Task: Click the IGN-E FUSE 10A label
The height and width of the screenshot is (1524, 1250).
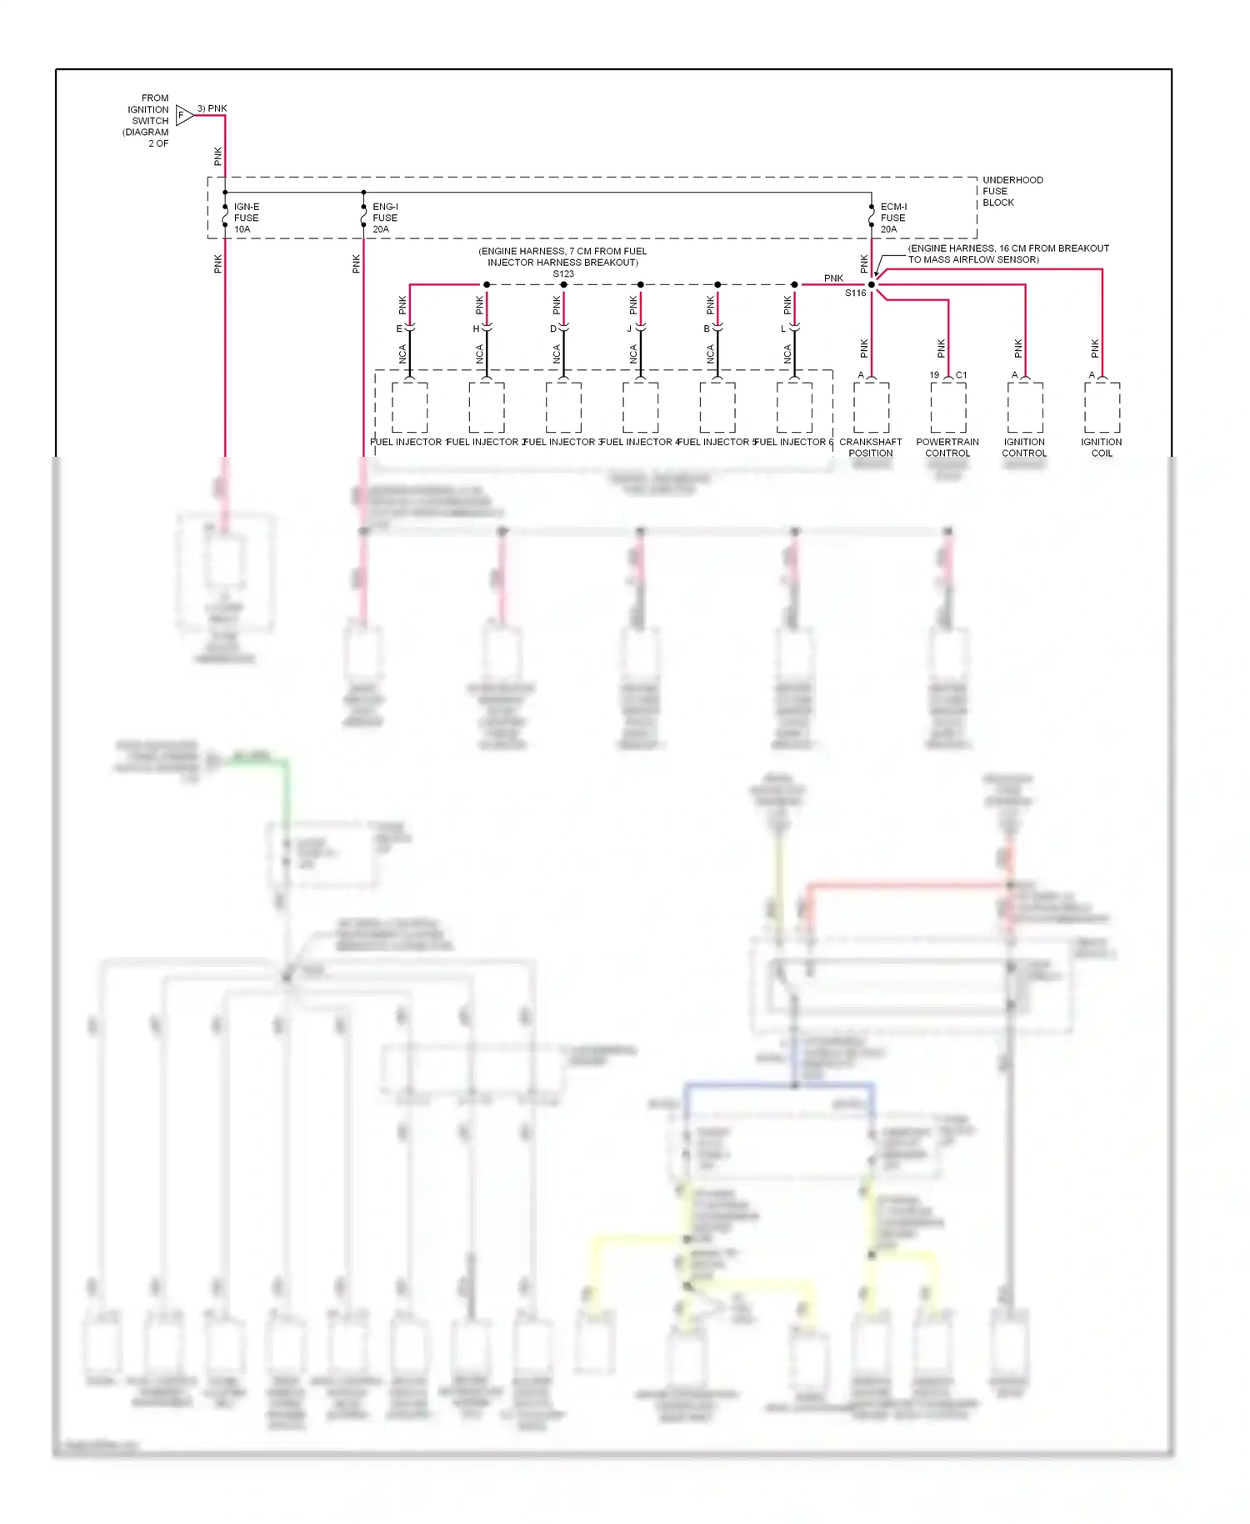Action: [246, 218]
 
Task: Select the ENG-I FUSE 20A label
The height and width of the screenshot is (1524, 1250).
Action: [385, 218]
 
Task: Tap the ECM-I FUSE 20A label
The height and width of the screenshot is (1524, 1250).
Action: [892, 218]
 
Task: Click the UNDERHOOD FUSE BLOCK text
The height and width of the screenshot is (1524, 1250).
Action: [1012, 191]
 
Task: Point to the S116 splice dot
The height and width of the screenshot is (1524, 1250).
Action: [872, 284]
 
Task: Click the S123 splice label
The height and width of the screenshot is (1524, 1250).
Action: [563, 273]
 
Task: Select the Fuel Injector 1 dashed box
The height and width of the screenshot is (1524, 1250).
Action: [410, 408]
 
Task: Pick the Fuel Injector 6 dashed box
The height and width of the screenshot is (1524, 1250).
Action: [794, 408]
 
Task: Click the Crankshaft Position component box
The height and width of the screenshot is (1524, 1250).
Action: [872, 408]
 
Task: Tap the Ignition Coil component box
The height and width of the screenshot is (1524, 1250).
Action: [1102, 408]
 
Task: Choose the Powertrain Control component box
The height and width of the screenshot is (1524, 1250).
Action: [948, 408]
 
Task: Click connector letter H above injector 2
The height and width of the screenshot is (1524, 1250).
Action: [477, 329]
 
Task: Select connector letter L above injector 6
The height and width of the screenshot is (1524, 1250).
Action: [783, 329]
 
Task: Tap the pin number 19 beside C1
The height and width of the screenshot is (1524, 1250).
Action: [934, 375]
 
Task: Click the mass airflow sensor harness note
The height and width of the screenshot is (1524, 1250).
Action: [1007, 253]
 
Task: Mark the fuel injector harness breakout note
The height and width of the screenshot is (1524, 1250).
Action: [562, 257]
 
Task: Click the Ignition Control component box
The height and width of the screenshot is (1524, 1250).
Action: [1025, 408]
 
